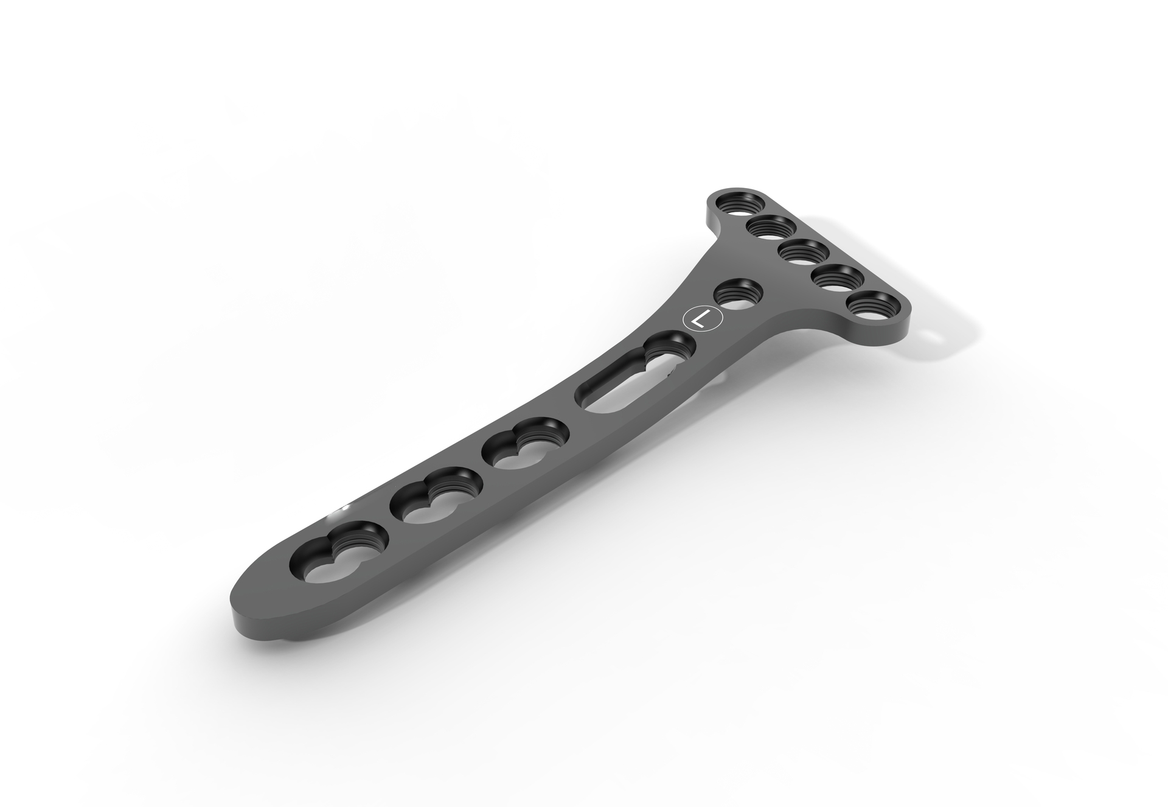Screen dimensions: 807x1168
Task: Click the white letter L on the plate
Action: coord(701,318)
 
